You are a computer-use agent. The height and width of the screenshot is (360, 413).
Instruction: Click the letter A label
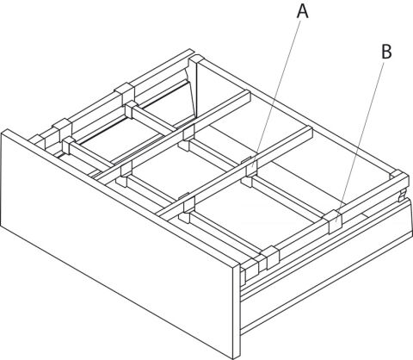(302, 12)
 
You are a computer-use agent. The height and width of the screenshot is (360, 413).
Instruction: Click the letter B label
(386, 52)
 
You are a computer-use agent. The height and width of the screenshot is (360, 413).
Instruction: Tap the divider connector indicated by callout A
(251, 167)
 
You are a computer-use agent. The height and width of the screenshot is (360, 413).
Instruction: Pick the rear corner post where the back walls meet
(196, 86)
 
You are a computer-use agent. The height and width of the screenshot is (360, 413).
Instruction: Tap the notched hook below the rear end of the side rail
(402, 196)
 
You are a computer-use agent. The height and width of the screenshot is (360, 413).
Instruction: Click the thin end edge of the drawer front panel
(237, 312)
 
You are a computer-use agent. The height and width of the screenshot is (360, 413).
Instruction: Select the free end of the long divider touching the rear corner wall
(247, 96)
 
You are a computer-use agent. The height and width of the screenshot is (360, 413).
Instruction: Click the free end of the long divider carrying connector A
(309, 133)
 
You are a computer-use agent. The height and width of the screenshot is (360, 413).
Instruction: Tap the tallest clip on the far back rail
(125, 93)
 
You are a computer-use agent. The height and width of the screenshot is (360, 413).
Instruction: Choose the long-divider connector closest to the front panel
(188, 204)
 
